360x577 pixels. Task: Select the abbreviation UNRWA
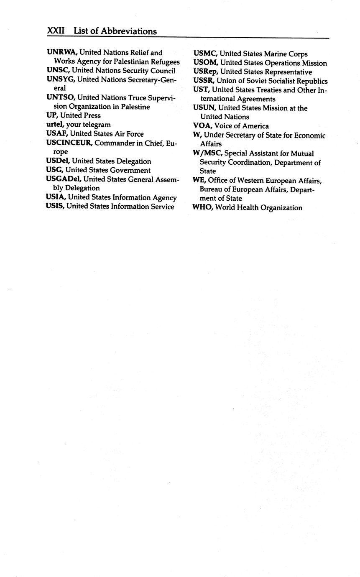coord(62,53)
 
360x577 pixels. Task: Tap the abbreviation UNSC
coord(58,71)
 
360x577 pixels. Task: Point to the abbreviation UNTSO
coord(61,97)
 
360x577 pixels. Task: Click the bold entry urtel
coord(55,125)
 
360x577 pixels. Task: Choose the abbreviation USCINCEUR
coord(69,143)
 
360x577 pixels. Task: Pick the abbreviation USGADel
coord(63,179)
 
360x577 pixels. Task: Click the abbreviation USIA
coord(56,197)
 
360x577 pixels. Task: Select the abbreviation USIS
coord(55,207)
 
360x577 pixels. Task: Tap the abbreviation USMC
coord(205,54)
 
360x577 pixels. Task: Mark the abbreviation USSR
coord(204,81)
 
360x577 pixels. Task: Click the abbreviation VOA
coord(203,126)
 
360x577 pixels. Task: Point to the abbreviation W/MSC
coord(207,153)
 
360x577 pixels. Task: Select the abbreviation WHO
coord(203,208)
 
